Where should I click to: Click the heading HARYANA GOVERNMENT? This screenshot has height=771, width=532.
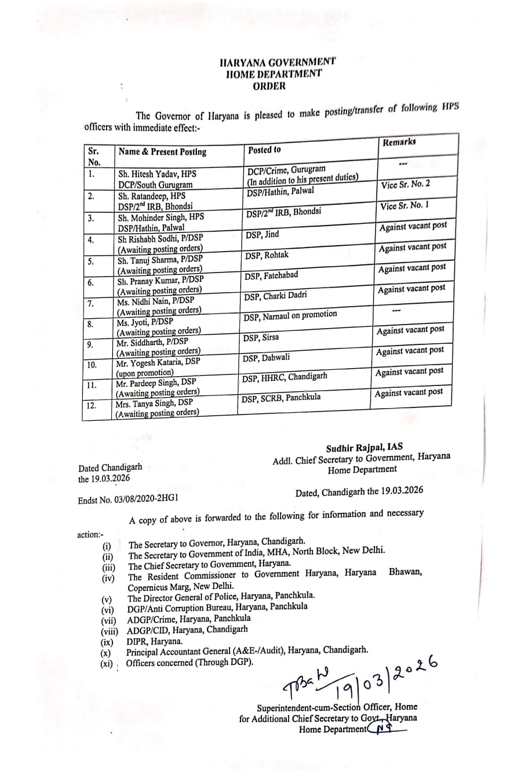click(278, 62)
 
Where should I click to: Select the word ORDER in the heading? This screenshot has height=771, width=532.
click(269, 86)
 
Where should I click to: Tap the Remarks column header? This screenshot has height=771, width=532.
click(399, 142)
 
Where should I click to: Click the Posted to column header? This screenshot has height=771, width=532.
click(264, 150)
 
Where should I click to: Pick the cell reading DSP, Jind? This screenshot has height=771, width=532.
click(262, 234)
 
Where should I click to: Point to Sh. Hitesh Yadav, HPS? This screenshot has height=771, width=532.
click(157, 173)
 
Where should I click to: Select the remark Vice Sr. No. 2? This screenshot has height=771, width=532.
click(406, 184)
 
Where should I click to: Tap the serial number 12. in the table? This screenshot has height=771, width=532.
click(91, 405)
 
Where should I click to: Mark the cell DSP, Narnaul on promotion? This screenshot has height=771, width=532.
click(290, 315)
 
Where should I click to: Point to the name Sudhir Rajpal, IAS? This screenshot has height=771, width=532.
click(364, 447)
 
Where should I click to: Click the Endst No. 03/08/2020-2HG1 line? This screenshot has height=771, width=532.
click(128, 499)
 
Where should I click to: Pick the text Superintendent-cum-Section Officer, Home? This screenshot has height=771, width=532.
click(337, 707)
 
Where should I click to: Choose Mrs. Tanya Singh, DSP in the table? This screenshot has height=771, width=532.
click(154, 403)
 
